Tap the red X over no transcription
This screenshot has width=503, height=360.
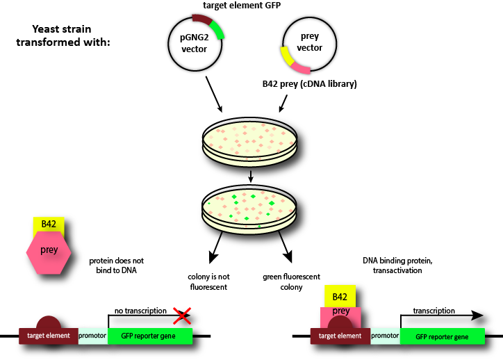pyautogui.click(x=182, y=317)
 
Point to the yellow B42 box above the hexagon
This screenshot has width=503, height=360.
pyautogui.click(x=49, y=224)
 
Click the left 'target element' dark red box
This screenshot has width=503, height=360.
pyautogui.click(x=49, y=336)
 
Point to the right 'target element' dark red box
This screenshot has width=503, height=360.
pyautogui.click(x=340, y=336)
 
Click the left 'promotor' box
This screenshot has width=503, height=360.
pyautogui.click(x=93, y=336)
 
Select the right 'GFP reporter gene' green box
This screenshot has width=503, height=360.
pyautogui.click(x=442, y=336)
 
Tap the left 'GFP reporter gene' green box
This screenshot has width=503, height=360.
pyautogui.click(x=150, y=336)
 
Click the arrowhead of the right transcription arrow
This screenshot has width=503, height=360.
pyautogui.click(x=478, y=315)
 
